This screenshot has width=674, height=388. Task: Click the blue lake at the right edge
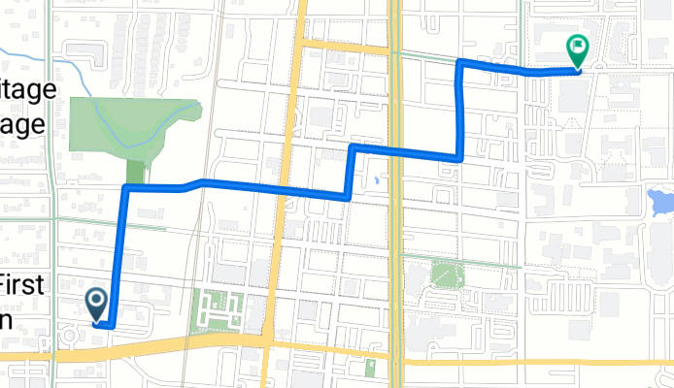coord(660,203)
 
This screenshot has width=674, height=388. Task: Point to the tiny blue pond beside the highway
coord(374,180)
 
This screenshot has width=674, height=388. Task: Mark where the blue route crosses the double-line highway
coord(395,149)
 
